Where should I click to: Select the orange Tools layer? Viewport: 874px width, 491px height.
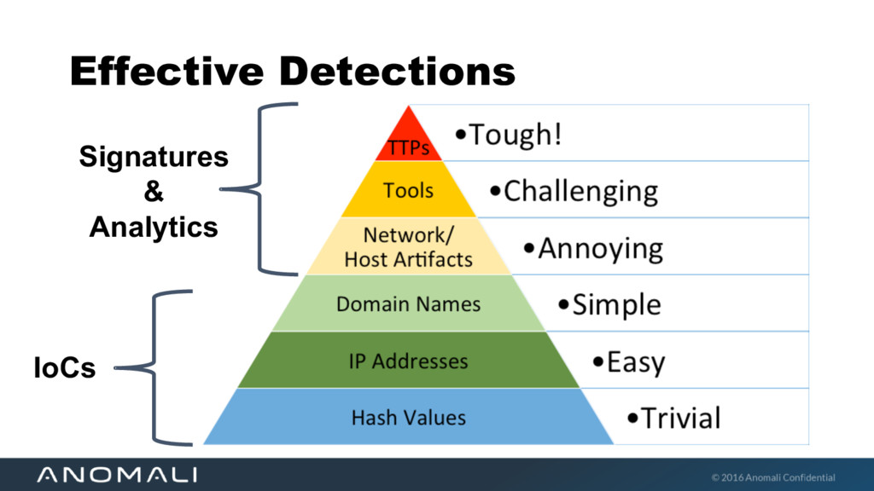[x=409, y=190]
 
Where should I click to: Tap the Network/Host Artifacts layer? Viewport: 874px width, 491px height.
[x=408, y=246]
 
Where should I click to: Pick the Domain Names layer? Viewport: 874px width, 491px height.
[x=408, y=303]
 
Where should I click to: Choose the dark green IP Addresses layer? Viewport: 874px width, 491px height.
[x=408, y=361]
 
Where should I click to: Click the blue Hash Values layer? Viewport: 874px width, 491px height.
[x=408, y=418]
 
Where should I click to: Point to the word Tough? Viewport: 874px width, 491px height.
[x=516, y=135]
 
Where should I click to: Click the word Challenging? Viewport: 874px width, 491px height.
[x=580, y=191]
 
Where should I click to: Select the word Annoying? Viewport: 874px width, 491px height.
[x=600, y=249]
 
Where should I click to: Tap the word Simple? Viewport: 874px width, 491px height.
[x=616, y=304]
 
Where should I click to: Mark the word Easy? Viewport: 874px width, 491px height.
[x=635, y=362]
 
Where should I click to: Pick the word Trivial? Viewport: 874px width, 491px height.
[x=680, y=418]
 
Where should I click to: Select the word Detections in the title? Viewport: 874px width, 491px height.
[x=397, y=71]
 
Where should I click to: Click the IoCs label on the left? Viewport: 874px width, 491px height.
[x=64, y=368]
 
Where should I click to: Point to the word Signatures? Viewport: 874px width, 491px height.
[x=154, y=157]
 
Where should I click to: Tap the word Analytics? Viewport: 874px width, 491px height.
[x=154, y=227]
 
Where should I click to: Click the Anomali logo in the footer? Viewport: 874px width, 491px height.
[x=117, y=475]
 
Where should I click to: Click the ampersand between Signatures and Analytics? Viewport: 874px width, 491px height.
[x=154, y=192]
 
